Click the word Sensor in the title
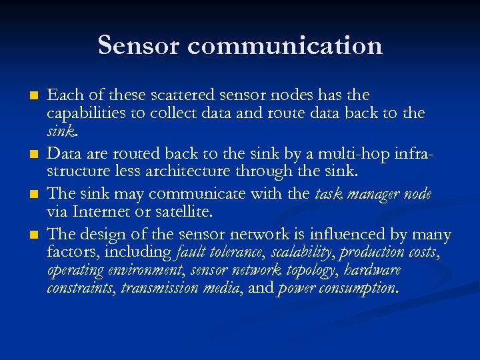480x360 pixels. [x=139, y=45]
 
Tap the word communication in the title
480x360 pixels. [x=285, y=45]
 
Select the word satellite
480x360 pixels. [x=183, y=211]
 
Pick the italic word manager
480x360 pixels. [x=379, y=194]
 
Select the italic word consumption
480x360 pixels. [x=361, y=289]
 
